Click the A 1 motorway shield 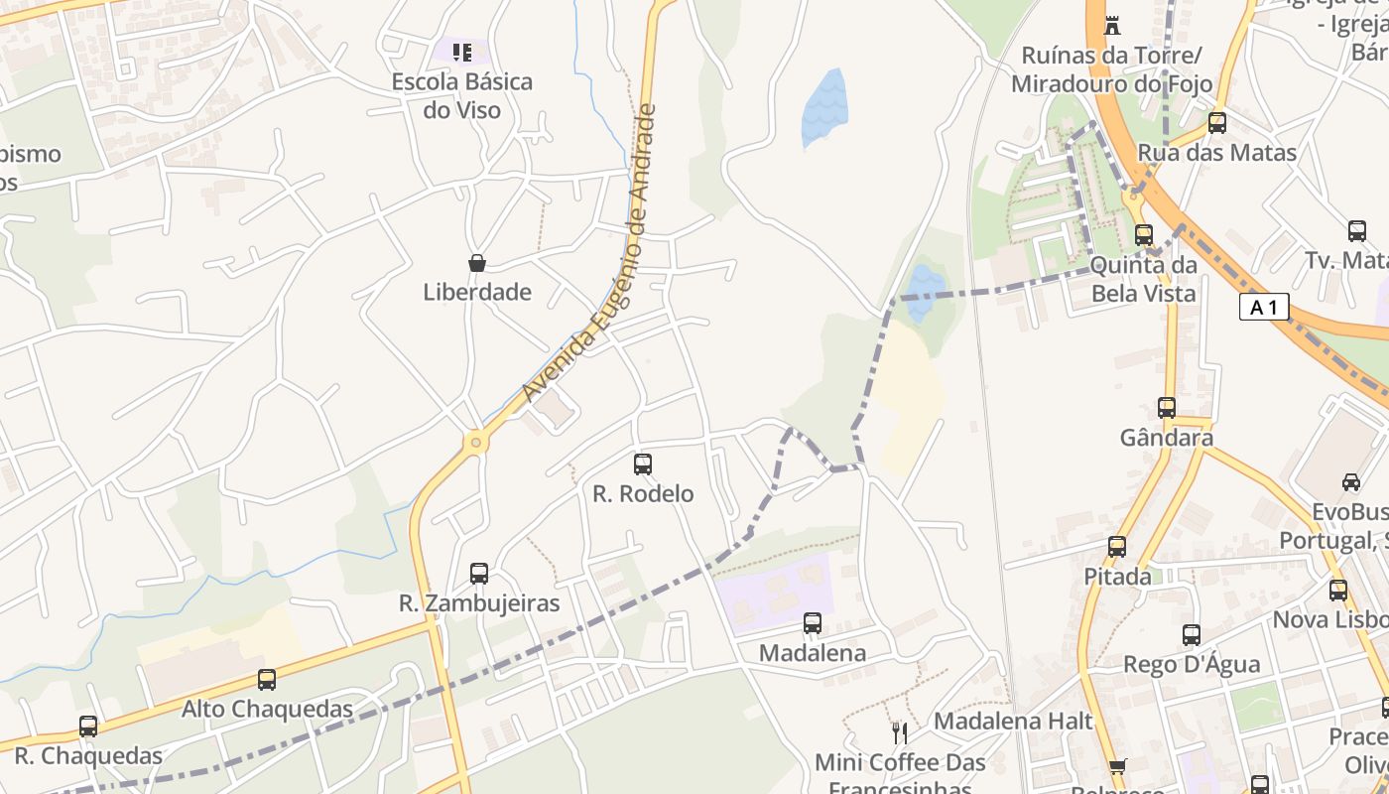1264,308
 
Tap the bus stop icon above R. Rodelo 643,463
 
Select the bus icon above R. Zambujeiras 479,573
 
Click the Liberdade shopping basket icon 477,263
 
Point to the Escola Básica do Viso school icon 461,52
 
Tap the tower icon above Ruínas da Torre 1112,24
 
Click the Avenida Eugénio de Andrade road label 591,253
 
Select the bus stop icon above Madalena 813,623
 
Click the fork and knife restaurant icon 900,733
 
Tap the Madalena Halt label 1013,721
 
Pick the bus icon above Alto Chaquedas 267,680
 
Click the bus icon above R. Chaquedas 88,727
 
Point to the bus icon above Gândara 1167,408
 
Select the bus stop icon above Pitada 1117,547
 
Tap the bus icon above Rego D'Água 1192,635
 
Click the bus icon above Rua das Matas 1217,123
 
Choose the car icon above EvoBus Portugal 1351,482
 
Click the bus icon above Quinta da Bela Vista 1144,235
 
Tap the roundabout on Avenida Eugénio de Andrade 476,442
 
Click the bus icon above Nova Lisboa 1338,591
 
